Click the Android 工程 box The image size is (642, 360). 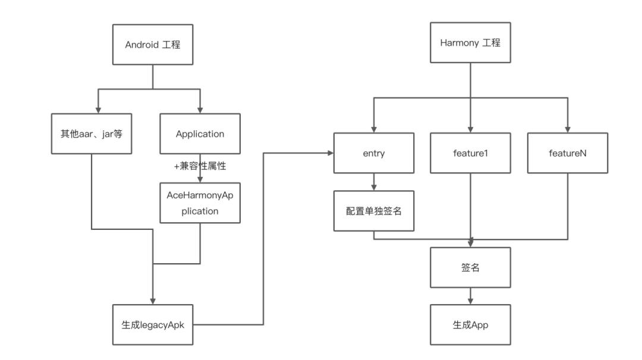click(x=153, y=44)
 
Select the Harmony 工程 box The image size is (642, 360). click(x=471, y=43)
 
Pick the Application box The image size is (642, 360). click(x=200, y=134)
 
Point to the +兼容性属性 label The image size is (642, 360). click(x=200, y=167)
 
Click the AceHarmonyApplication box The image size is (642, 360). click(x=200, y=203)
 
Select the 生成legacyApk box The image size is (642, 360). click(x=153, y=324)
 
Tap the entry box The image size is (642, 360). click(x=373, y=153)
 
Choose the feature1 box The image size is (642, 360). click(x=471, y=153)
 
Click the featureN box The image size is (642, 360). click(x=568, y=153)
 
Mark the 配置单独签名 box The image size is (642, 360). click(x=373, y=211)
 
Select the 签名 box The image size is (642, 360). click(x=471, y=267)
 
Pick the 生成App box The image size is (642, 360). click(x=471, y=325)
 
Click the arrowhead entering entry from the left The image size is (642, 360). click(x=330, y=153)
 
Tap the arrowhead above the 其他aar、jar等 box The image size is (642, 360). click(x=99, y=110)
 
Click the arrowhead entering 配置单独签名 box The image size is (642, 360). click(x=373, y=187)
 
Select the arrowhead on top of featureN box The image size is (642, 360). click(x=568, y=129)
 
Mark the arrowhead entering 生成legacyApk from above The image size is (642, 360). click(x=153, y=301)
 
